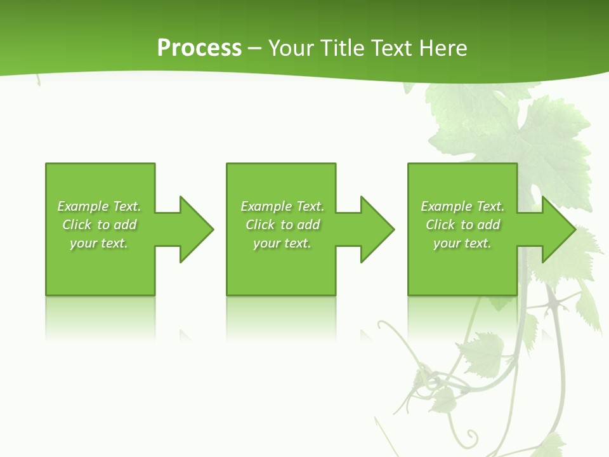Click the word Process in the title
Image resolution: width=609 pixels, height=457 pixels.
[x=199, y=48]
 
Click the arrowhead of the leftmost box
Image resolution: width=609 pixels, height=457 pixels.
[x=197, y=229]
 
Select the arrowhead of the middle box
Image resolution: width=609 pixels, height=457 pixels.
[x=377, y=229]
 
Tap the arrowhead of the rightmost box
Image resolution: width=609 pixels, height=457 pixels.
[x=558, y=229]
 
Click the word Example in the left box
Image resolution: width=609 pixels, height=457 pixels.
[x=83, y=206]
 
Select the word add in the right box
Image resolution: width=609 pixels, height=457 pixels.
[x=489, y=225]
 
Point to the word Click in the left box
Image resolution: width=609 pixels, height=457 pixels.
[x=77, y=225]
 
